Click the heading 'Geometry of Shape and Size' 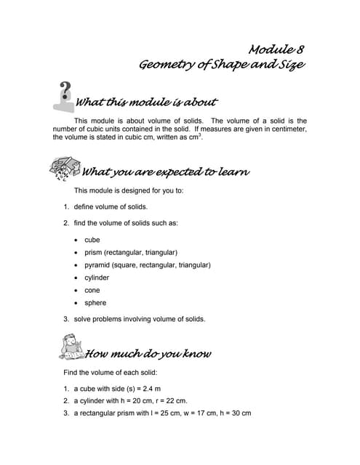tap(221, 65)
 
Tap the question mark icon tap(63, 94)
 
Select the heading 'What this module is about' tap(146, 101)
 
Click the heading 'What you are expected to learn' tap(167, 172)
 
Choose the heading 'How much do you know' tap(148, 354)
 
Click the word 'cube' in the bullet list tap(92, 239)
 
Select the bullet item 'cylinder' tap(97, 278)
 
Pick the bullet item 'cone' tap(92, 290)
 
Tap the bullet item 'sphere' tap(95, 303)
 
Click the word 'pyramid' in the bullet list tap(97, 265)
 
